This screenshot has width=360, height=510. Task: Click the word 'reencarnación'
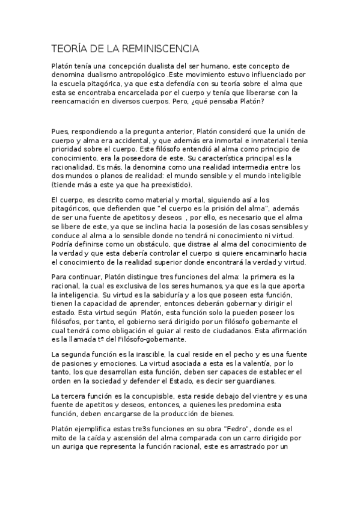coord(80,102)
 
